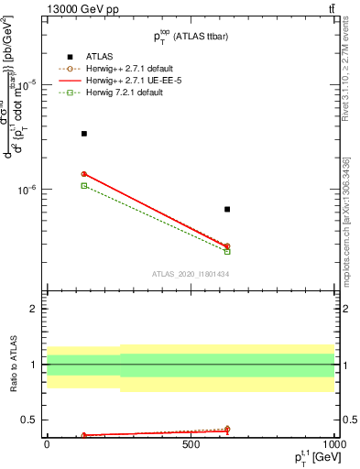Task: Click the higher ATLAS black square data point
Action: (x=84, y=134)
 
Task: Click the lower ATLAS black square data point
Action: (x=227, y=210)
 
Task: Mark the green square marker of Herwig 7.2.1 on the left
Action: (x=84, y=185)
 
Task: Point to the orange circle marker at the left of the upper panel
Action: (x=84, y=174)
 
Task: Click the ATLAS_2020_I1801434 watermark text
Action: (x=190, y=274)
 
